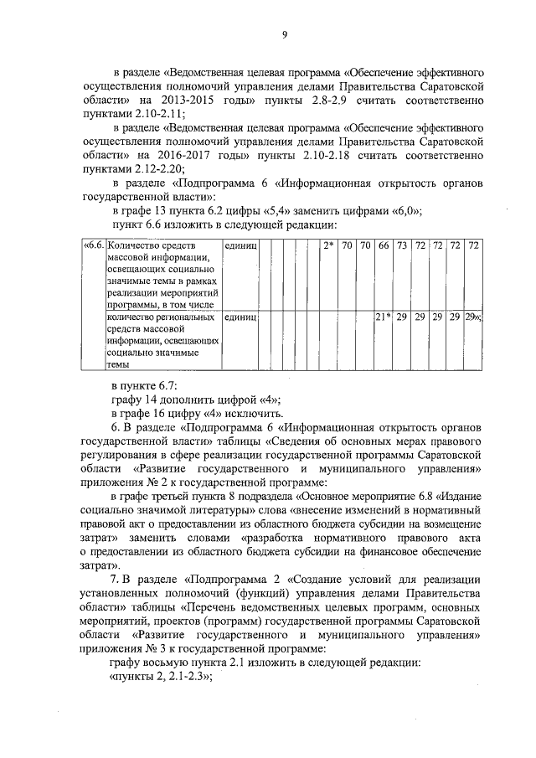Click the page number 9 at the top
(285, 34)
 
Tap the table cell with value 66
(384, 246)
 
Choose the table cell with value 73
(402, 246)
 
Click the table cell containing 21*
(383, 317)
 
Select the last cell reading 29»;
(475, 317)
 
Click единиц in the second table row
(241, 317)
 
